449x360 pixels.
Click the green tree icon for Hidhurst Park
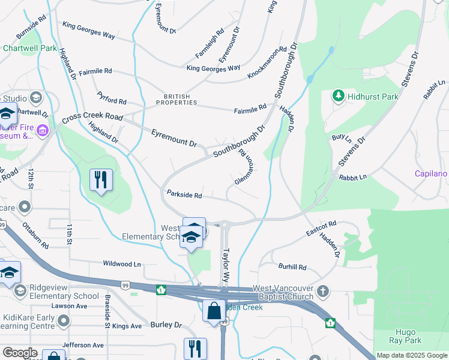(x=339, y=96)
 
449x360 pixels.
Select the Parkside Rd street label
(x=184, y=195)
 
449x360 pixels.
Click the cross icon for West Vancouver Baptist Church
(x=323, y=292)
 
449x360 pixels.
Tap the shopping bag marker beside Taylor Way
(x=213, y=311)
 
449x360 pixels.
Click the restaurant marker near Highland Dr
(x=101, y=179)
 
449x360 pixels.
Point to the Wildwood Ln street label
(x=122, y=263)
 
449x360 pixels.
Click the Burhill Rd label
(x=292, y=267)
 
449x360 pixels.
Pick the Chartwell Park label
(x=29, y=48)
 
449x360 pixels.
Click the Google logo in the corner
(x=20, y=353)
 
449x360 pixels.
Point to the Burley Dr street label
(x=166, y=325)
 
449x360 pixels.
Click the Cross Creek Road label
(x=91, y=116)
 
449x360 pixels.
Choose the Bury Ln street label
(x=342, y=137)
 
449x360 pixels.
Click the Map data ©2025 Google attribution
(x=412, y=355)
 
